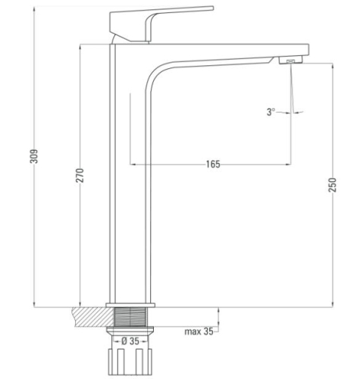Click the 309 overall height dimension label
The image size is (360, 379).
(x=34, y=156)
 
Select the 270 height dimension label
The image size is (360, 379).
(x=80, y=175)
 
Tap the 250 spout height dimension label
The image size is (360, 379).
(x=333, y=185)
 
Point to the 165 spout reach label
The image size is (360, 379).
(x=213, y=164)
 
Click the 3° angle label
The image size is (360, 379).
(x=271, y=112)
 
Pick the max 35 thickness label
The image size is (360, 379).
(x=199, y=331)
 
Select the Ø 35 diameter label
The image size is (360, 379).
(x=130, y=341)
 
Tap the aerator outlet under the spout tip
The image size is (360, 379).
(x=290, y=60)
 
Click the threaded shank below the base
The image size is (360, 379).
(x=130, y=317)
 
